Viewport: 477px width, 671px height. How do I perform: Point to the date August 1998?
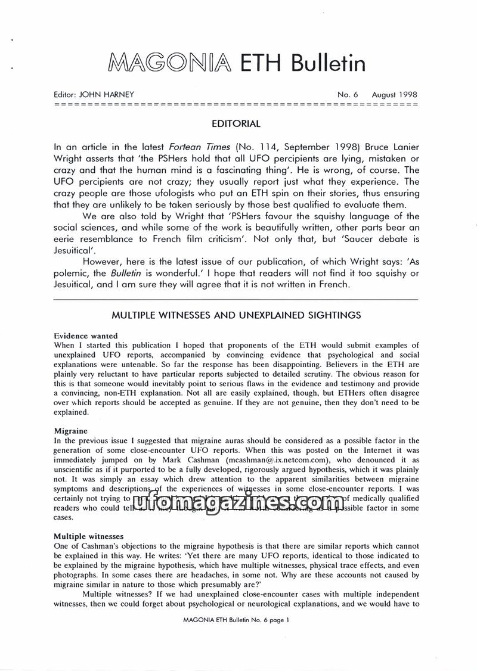click(394, 95)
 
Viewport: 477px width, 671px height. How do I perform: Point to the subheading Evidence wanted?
click(85, 335)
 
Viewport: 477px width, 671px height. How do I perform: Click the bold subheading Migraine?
click(70, 430)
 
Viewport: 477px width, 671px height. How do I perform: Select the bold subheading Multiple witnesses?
click(88, 536)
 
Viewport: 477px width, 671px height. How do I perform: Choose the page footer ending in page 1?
click(237, 620)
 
